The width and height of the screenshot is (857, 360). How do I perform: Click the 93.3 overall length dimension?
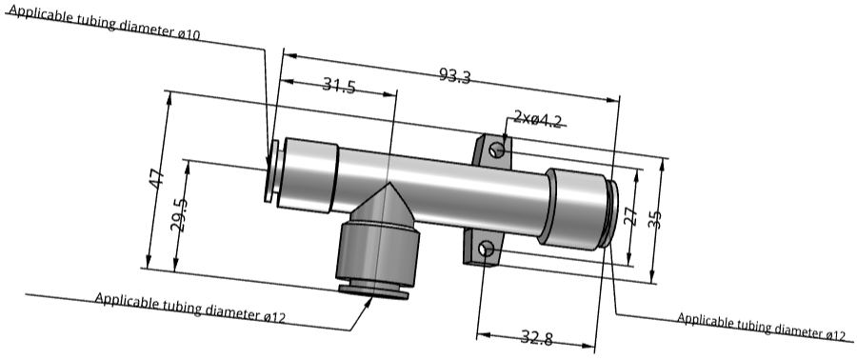(454, 76)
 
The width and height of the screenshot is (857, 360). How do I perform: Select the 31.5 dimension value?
(338, 87)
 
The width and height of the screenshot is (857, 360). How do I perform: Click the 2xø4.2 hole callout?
(538, 119)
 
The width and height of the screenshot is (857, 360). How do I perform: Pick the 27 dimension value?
(629, 216)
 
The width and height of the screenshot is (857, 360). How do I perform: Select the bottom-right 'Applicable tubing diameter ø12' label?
(761, 326)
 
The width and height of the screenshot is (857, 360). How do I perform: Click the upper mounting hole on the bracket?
(496, 150)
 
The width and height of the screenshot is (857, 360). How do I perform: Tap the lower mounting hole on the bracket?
(487, 250)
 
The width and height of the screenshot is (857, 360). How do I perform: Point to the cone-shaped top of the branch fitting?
(386, 204)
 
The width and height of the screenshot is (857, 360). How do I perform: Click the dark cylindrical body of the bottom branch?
(378, 254)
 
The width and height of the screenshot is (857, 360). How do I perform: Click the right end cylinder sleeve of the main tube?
(575, 207)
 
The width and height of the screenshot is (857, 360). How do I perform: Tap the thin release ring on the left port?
(271, 171)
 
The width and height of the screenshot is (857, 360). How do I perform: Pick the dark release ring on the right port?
(611, 214)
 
